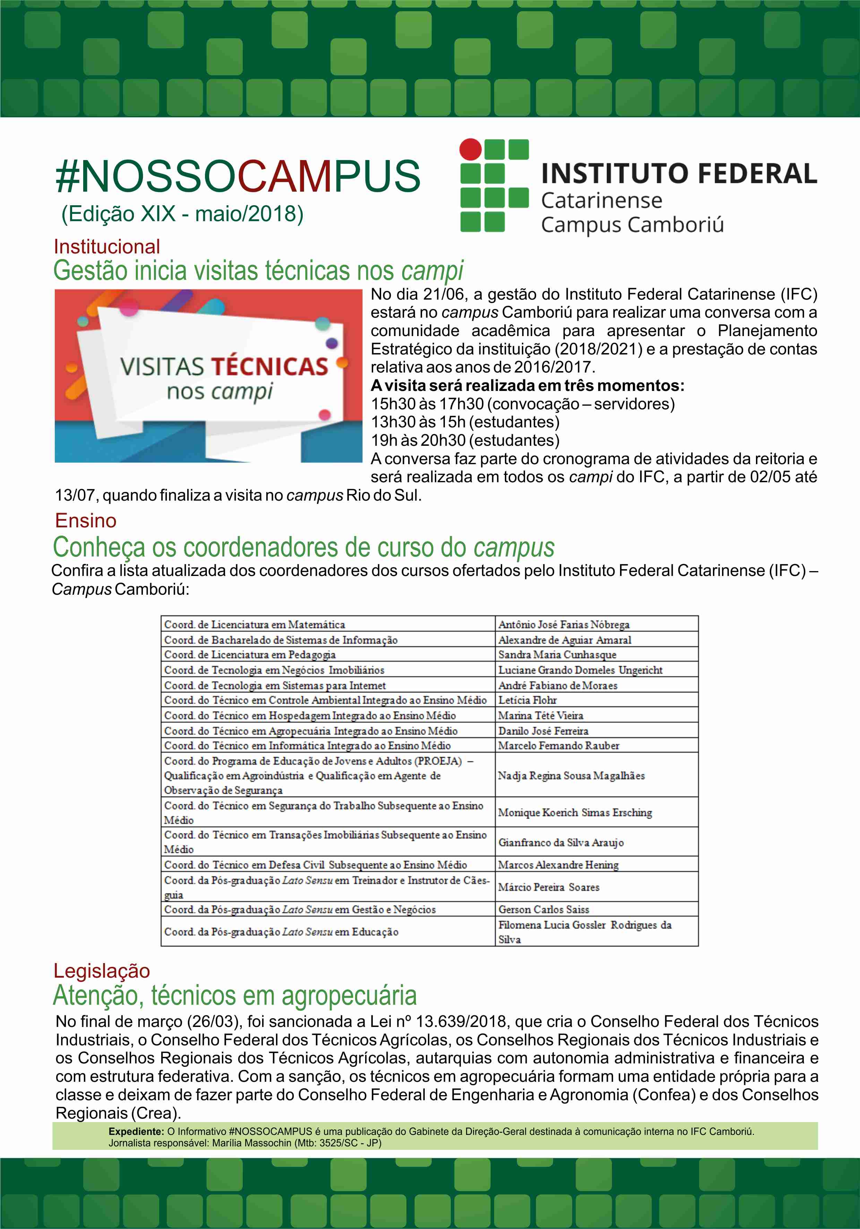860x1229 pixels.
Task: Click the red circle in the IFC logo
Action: click(471, 149)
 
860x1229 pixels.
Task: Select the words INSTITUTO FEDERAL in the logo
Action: click(679, 174)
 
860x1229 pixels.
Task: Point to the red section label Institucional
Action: click(106, 247)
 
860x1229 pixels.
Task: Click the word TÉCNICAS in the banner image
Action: click(270, 367)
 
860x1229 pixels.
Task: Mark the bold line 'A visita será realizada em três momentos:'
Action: click(527, 385)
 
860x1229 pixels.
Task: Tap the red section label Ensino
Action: click(86, 521)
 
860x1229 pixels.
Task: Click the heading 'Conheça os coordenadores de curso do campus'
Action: click(303, 547)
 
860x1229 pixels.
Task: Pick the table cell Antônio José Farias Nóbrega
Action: click(564, 625)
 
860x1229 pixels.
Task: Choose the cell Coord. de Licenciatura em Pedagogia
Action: click(250, 655)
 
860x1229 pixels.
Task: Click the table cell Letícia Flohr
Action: click(527, 700)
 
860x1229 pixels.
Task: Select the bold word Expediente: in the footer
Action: click(136, 1131)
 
